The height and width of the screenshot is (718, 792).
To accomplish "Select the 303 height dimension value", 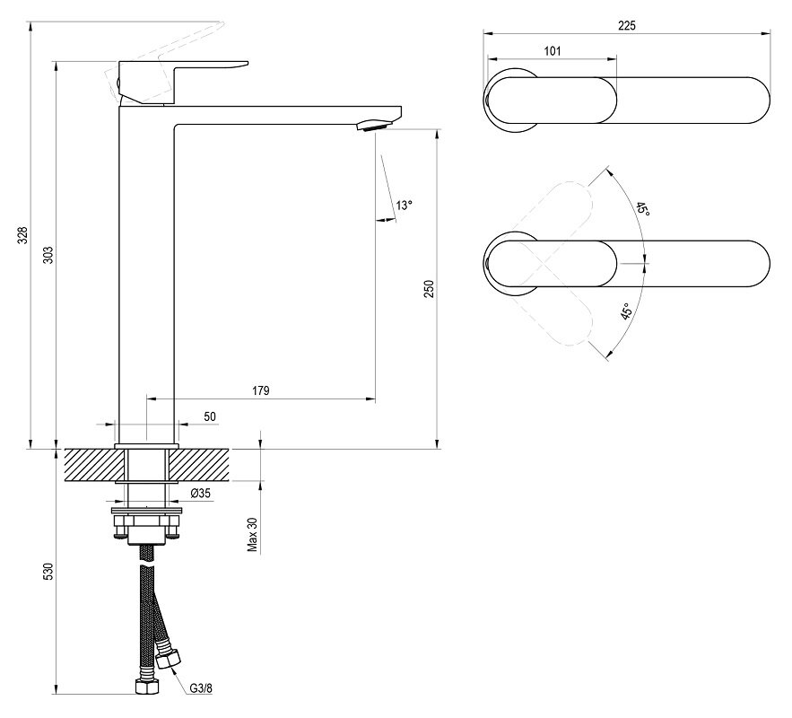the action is point(48,255).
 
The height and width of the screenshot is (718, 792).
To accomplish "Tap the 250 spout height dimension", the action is point(429,288).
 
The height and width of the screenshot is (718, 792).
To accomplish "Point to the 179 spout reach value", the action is point(261,390).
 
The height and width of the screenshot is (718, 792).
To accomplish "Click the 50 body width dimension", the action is point(210,416).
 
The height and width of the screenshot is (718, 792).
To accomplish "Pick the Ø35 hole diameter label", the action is point(201,493).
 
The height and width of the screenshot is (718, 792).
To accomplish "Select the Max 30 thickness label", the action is point(253,535).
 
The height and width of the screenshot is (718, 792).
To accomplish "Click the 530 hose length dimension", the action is point(48,571).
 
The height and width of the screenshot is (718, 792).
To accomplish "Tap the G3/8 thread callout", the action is point(201,688).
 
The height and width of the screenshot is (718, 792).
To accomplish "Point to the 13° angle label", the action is point(405,206).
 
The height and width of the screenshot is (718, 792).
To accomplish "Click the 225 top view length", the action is point(627,25).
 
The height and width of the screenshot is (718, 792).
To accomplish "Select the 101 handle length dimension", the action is point(553,51).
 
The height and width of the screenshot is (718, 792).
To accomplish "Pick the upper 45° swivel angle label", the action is point(642,209).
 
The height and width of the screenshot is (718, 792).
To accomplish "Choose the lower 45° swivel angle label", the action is point(626,311).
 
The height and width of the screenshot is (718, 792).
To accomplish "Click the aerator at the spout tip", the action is point(374,126).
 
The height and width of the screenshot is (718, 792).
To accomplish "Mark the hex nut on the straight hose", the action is point(147,687).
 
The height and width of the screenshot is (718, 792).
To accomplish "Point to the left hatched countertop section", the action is point(94,466).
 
